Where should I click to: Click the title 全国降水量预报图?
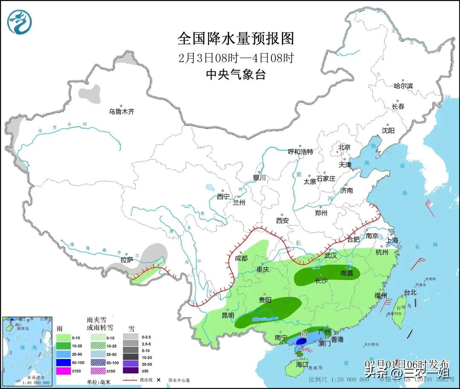click(x=236, y=39)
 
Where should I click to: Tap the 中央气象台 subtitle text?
click(x=236, y=75)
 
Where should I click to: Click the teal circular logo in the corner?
click(x=20, y=22)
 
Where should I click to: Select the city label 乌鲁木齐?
click(x=121, y=112)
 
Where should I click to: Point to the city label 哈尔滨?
click(x=403, y=86)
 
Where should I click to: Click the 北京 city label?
click(x=344, y=147)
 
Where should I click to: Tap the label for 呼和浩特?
click(x=300, y=152)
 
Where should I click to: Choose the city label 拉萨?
click(x=127, y=260)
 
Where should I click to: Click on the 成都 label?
click(x=241, y=258)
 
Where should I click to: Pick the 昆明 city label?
click(x=228, y=315)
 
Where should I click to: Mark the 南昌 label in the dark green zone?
click(x=347, y=273)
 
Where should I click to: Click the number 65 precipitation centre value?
click(x=304, y=335)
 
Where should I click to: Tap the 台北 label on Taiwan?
click(x=410, y=292)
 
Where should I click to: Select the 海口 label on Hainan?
click(x=302, y=365)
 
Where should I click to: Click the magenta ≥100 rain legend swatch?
click(x=64, y=370)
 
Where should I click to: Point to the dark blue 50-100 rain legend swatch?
click(x=64, y=362)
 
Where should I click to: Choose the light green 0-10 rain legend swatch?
click(x=64, y=338)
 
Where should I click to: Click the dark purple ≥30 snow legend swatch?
click(x=131, y=370)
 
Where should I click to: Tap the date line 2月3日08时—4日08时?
click(x=236, y=57)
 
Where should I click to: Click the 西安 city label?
click(x=282, y=220)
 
